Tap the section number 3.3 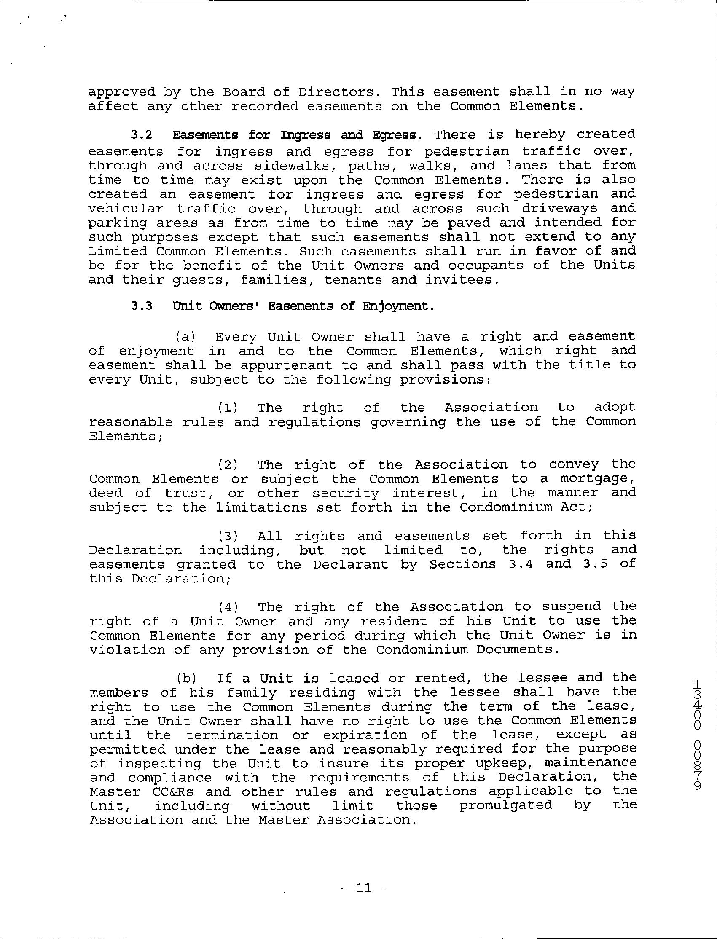pos(142,307)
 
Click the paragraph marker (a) pos(185,337)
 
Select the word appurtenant pos(285,366)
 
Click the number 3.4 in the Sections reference pos(521,564)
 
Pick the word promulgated pos(506,806)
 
